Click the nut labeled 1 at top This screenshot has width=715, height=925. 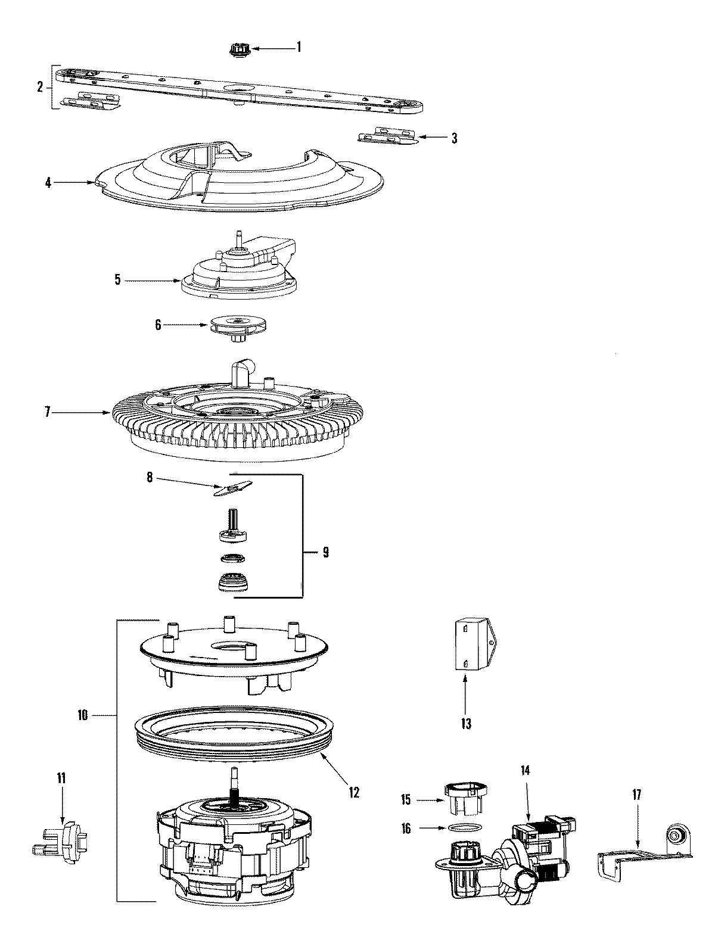click(x=237, y=49)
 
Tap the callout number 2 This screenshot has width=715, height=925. click(x=40, y=88)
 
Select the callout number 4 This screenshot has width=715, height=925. click(x=48, y=183)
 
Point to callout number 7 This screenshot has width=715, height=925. click(x=48, y=412)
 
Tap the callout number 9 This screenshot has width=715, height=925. click(x=326, y=552)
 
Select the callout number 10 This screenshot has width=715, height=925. click(x=82, y=715)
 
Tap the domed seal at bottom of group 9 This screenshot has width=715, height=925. click(x=232, y=581)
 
